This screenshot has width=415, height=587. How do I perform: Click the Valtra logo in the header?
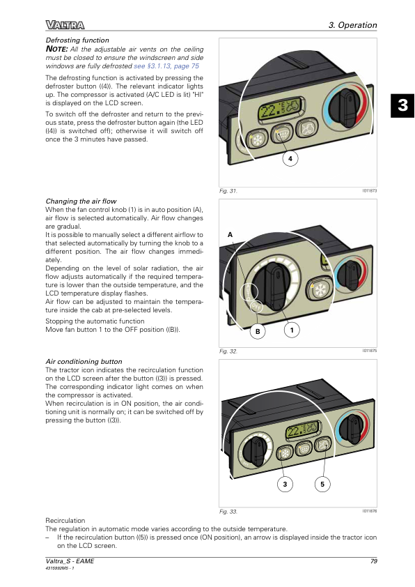tap(65, 25)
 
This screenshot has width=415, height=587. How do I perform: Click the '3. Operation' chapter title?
tap(352, 25)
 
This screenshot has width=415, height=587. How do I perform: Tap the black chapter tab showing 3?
tap(402, 105)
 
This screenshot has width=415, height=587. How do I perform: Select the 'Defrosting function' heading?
tap(77, 40)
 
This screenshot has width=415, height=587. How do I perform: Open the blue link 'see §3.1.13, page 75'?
tap(166, 66)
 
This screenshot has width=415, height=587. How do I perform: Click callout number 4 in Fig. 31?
tap(290, 159)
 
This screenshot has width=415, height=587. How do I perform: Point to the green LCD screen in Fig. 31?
tap(281, 109)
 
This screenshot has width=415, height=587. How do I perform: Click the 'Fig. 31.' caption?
tap(228, 191)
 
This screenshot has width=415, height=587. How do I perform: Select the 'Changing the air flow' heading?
tap(81, 201)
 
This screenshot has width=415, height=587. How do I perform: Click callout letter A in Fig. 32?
tap(230, 235)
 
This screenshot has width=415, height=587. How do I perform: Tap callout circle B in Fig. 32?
tap(258, 331)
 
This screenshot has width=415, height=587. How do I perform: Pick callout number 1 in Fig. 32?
tap(292, 330)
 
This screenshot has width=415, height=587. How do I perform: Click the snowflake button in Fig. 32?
tap(320, 290)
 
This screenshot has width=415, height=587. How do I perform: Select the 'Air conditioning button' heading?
tap(84, 362)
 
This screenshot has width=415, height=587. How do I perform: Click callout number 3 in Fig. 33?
tap(285, 484)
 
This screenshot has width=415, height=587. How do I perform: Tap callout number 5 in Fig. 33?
tap(322, 484)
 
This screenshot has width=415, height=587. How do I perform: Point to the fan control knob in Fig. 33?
tap(255, 451)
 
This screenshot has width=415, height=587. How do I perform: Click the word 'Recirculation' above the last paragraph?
tap(65, 521)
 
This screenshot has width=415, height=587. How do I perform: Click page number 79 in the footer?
tap(373, 561)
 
